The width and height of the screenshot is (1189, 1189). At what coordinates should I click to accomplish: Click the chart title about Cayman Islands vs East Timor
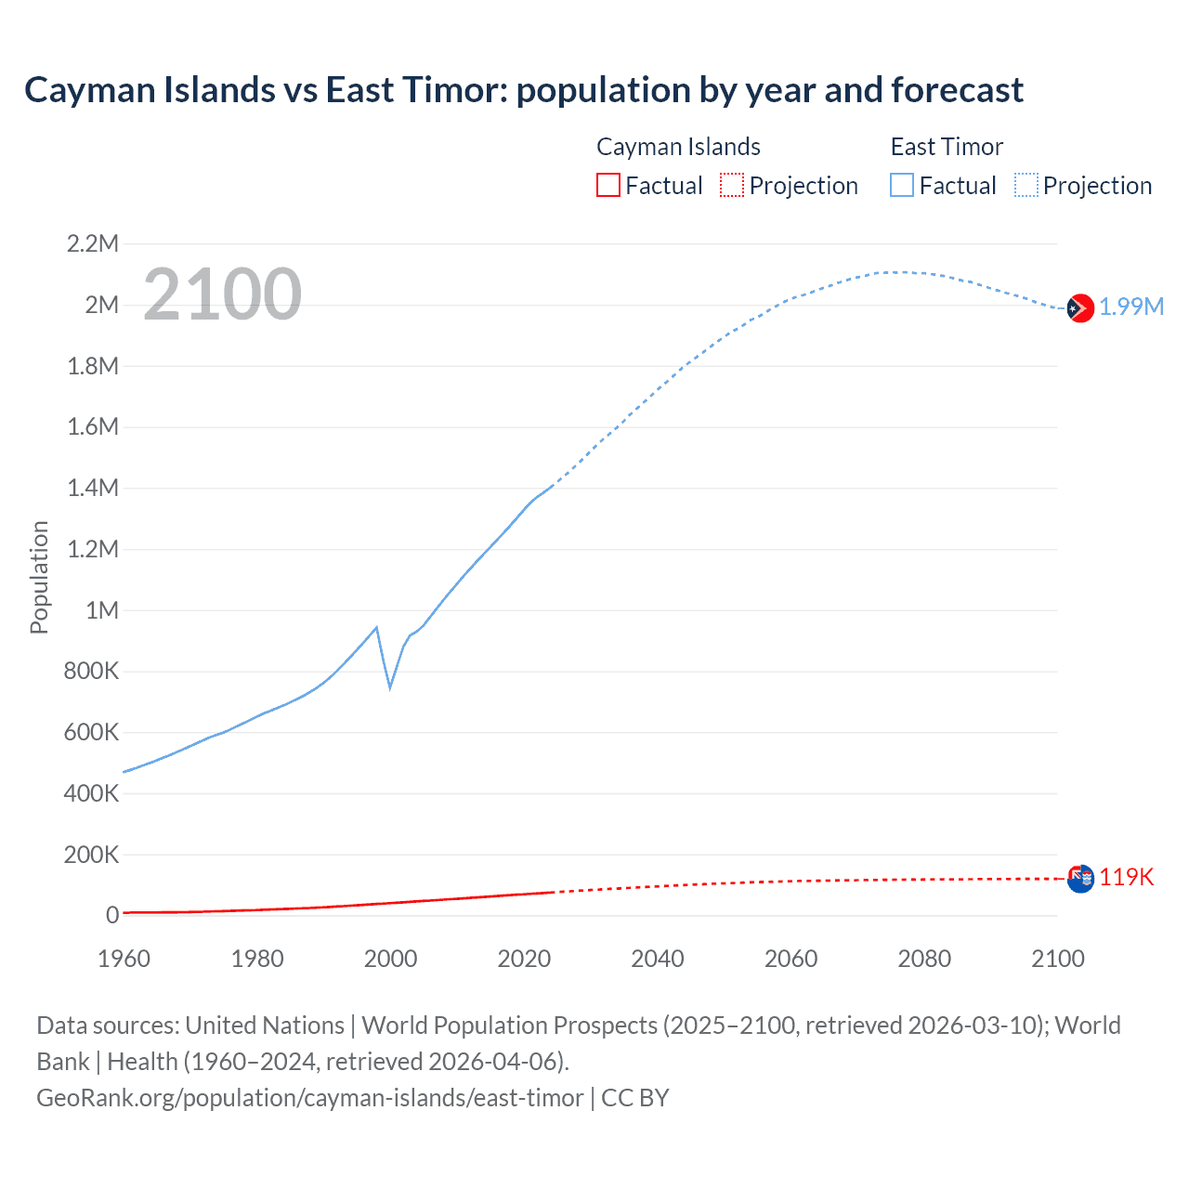pyautogui.click(x=524, y=90)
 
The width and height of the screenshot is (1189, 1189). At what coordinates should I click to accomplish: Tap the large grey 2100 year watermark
pyautogui.click(x=222, y=294)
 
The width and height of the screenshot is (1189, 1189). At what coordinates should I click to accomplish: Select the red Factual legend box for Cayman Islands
pyautogui.click(x=608, y=186)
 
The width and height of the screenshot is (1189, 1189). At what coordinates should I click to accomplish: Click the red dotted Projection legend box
pyautogui.click(x=732, y=186)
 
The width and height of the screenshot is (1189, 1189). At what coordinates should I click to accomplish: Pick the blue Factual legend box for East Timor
pyautogui.click(x=902, y=186)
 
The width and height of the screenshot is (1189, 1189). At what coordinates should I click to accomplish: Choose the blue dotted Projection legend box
pyautogui.click(x=1026, y=186)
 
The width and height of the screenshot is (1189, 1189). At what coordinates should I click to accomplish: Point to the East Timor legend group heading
pyautogui.click(x=947, y=147)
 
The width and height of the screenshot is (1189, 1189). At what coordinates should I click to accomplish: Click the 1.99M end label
pyautogui.click(x=1131, y=307)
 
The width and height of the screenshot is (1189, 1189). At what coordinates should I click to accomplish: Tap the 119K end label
pyautogui.click(x=1127, y=878)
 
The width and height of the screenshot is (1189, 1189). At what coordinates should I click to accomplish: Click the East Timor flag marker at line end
pyautogui.click(x=1079, y=307)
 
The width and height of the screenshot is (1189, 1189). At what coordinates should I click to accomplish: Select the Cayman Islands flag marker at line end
pyautogui.click(x=1079, y=878)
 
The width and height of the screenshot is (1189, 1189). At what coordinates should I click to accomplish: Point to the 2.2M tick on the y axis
pyautogui.click(x=93, y=244)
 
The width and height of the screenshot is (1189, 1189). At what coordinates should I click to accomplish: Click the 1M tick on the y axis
pyautogui.click(x=102, y=610)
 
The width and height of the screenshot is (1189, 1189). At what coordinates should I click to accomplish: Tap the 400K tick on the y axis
pyautogui.click(x=91, y=793)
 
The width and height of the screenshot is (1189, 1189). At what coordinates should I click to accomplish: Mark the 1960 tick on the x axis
pyautogui.click(x=124, y=959)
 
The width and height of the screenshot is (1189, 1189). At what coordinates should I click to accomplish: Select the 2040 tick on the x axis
pyautogui.click(x=658, y=959)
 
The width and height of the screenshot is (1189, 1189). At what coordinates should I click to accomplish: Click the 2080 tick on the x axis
pyautogui.click(x=924, y=959)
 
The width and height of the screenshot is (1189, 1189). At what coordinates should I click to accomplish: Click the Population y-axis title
pyautogui.click(x=39, y=577)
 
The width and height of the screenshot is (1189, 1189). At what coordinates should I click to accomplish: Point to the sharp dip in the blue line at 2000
pyautogui.click(x=390, y=687)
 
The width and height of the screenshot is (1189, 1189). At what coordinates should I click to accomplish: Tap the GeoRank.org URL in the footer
pyautogui.click(x=310, y=1098)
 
